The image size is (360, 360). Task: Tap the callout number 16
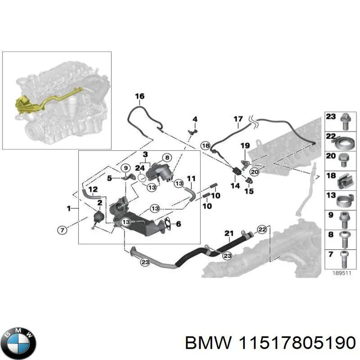pos(139,96)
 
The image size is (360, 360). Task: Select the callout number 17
pos(238,119)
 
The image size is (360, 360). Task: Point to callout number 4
pos(195,119)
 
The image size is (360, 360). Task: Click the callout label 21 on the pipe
pos(229,233)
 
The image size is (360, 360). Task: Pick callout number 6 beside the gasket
pos(179,224)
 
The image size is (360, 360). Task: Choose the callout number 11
pos(191,178)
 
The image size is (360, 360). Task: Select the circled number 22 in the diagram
pos(262,229)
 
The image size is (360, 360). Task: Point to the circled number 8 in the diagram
pos(166,157)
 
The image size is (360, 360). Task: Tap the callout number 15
pos(248,191)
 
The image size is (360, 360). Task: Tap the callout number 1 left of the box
pos(69,208)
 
